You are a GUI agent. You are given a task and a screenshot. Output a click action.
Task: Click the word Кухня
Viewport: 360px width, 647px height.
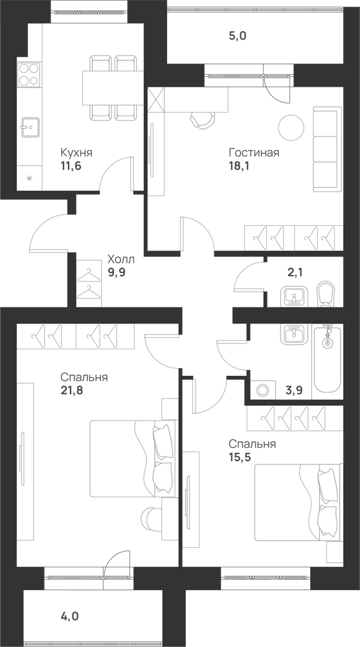pyautogui.click(x=76, y=153)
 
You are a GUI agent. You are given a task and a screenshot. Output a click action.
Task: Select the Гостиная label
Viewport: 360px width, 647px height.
pyautogui.click(x=254, y=153)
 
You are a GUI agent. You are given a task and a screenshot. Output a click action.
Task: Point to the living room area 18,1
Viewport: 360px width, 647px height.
pyautogui.click(x=240, y=166)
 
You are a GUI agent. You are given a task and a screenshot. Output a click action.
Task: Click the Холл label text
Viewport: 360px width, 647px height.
pyautogui.click(x=120, y=259)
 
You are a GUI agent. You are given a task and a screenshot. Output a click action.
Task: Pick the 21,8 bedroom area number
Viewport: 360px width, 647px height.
pyautogui.click(x=72, y=390)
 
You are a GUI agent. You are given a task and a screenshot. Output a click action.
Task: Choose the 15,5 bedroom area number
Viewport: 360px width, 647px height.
pyautogui.click(x=240, y=457)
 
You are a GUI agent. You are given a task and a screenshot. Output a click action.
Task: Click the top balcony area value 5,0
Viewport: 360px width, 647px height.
pyautogui.click(x=238, y=36)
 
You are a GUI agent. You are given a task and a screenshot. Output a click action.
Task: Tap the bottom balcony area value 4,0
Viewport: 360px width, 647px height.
pyautogui.click(x=69, y=617)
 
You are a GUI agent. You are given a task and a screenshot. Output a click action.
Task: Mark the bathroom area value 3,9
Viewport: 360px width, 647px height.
pyautogui.click(x=295, y=390)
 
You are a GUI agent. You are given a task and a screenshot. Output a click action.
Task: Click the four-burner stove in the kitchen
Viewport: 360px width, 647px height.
pyautogui.click(x=29, y=74)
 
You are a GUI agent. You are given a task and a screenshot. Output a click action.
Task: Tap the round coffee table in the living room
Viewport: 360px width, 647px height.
pyautogui.click(x=291, y=127)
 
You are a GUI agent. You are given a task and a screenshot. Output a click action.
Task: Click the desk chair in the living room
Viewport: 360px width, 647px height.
pyautogui.click(x=203, y=120)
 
